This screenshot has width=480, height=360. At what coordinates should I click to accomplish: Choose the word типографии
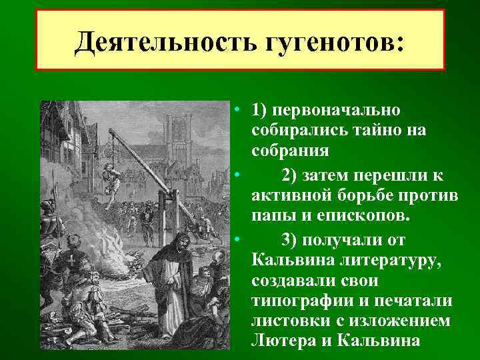pyautogui.click(x=293, y=299)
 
